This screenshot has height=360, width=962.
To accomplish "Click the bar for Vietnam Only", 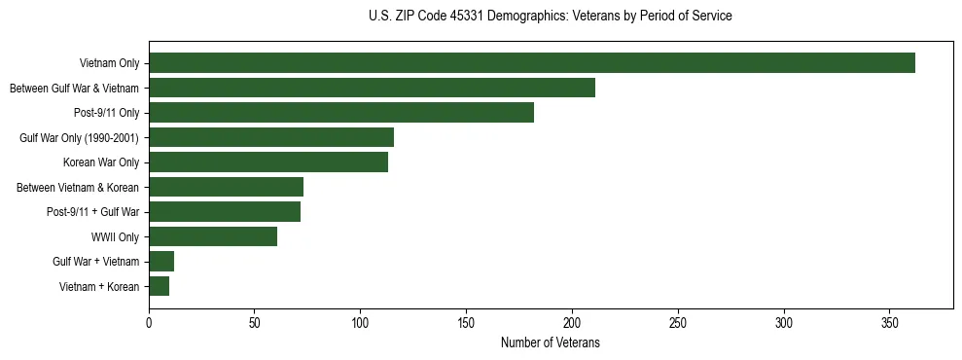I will point(532,63).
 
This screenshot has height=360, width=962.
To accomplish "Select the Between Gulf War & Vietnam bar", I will point(372,88).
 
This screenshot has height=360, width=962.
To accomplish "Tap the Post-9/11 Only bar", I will point(341,113).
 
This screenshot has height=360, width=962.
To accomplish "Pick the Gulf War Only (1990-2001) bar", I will point(271,137).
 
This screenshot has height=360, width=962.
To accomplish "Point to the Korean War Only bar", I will point(268,162).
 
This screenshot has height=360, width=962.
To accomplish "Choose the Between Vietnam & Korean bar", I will point(226,187).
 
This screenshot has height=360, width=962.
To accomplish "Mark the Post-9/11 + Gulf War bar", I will point(225,211).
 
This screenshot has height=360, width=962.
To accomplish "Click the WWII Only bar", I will point(213,236).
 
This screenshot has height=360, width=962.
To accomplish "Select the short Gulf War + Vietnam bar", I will point(161,261).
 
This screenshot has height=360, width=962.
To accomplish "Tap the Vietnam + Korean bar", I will point(160,286).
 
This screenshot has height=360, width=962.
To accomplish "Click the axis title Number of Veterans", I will point(550,342).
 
